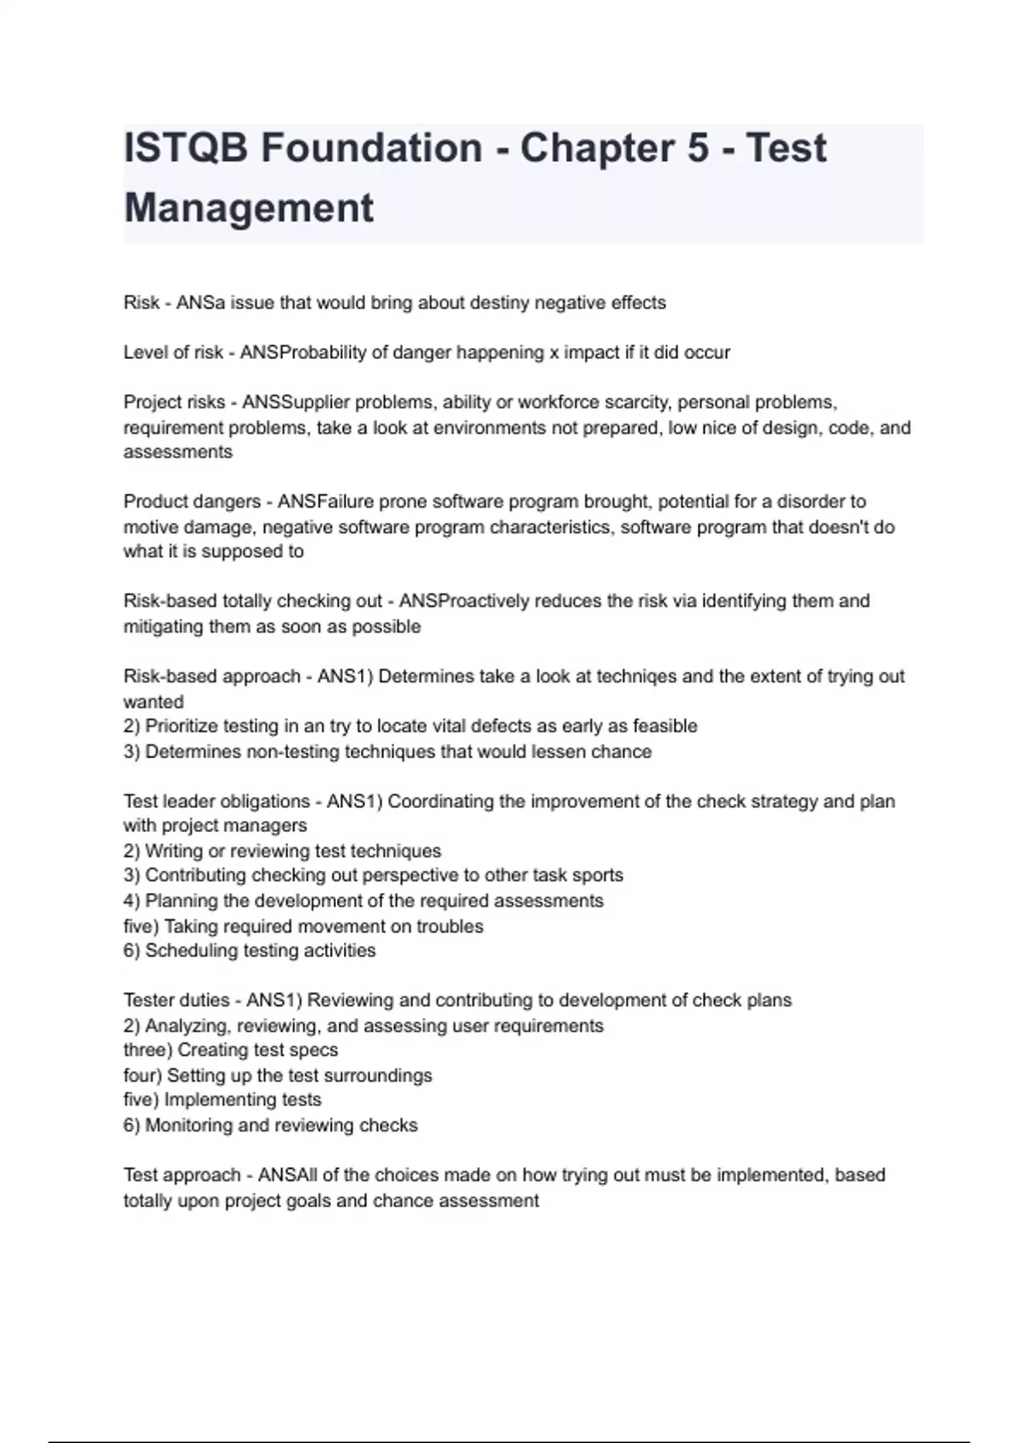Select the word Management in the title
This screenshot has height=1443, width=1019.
249,208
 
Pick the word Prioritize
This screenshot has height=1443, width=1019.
185,727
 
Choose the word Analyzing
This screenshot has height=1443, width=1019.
190,1025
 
